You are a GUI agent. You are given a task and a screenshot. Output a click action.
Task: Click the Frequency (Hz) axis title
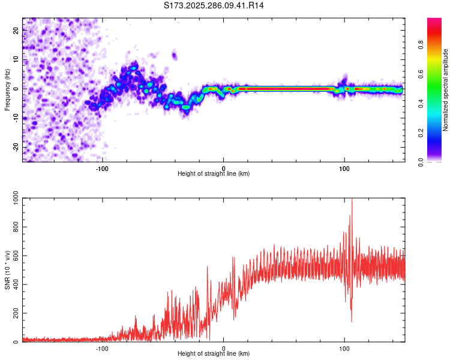coord(8,89)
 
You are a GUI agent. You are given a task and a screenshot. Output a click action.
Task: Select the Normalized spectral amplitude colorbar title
coord(446,90)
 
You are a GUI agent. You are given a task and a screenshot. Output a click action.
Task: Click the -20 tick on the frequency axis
coord(15,147)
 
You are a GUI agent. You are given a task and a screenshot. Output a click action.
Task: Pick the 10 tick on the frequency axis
coord(16,59)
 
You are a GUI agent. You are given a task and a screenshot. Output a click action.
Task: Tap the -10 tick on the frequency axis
coord(15,118)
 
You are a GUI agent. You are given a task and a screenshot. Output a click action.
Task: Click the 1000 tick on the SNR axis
coord(13,199)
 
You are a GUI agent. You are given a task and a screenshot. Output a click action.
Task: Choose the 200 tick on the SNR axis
coord(14,314)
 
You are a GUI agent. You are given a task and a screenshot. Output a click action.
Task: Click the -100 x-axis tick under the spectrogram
coord(102,168)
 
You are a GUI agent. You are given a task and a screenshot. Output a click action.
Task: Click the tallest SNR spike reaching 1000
coord(352,200)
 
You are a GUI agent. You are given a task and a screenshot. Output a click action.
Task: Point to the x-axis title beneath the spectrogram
coord(214,174)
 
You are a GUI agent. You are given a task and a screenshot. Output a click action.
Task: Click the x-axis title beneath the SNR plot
coord(214,354)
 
